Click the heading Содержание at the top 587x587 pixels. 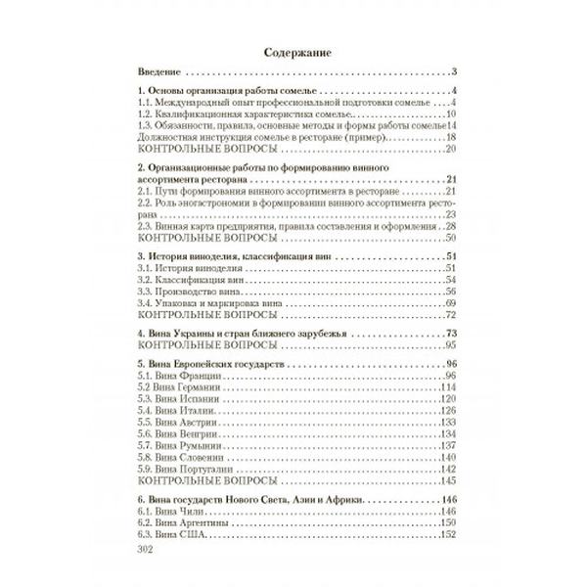[x=293, y=53]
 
